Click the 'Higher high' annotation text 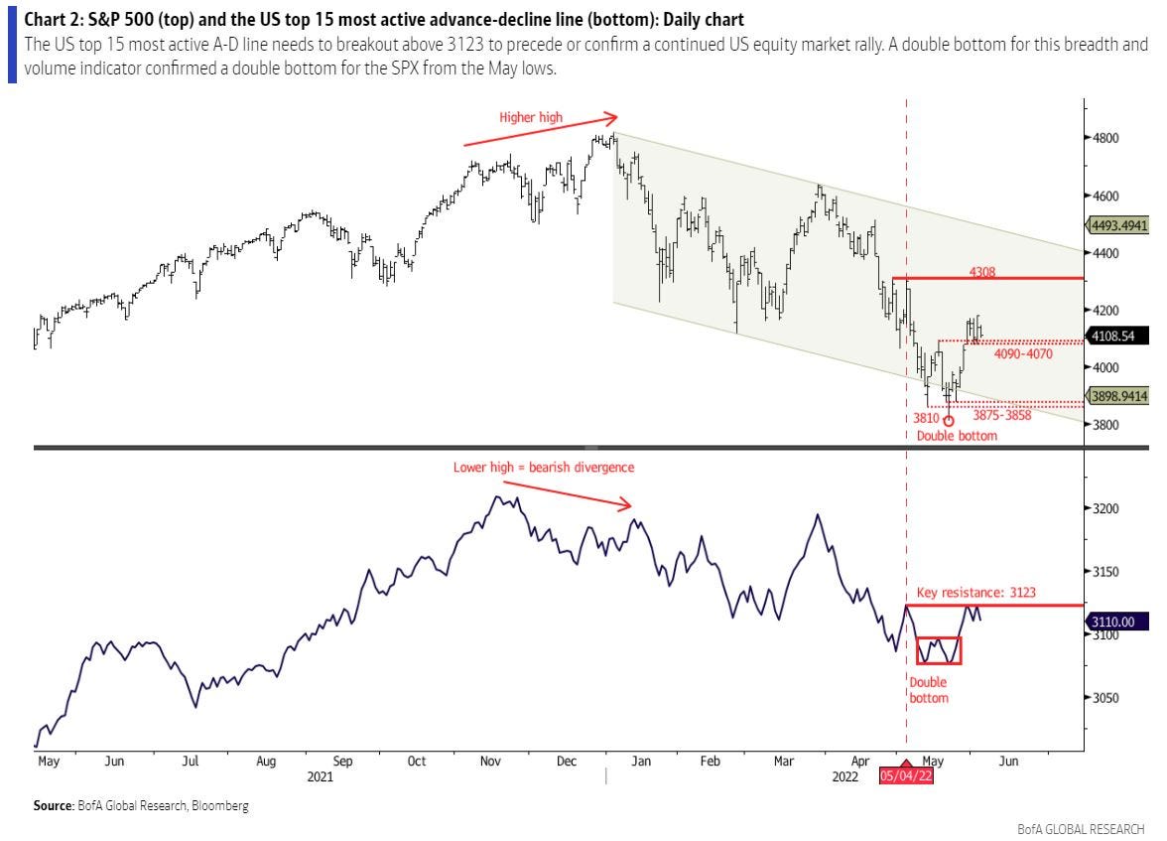(x=531, y=117)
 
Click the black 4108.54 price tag (x=1118, y=337)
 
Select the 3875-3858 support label (x=1002, y=415)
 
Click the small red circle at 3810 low (x=948, y=420)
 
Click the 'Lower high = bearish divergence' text (x=544, y=467)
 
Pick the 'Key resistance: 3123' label (x=976, y=593)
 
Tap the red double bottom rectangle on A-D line (x=939, y=650)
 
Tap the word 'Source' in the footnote (x=56, y=806)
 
